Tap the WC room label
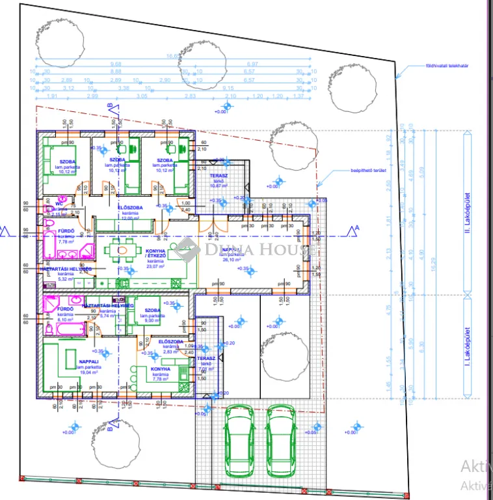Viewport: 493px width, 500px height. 59,204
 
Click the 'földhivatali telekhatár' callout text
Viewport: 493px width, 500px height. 447,66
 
